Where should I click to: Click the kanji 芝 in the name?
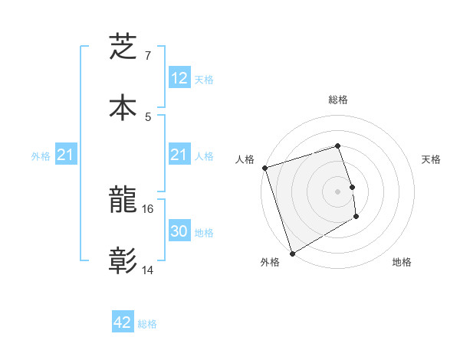click(x=123, y=46)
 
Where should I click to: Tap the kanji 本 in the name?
click(x=123, y=106)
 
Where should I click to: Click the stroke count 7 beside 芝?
click(x=147, y=56)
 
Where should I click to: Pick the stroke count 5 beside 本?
click(x=147, y=116)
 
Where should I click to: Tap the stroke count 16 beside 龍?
click(x=149, y=208)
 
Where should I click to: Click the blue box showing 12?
click(x=179, y=77)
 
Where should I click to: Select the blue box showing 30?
click(x=179, y=231)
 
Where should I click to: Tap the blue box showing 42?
click(x=123, y=322)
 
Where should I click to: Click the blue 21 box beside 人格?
click(x=179, y=155)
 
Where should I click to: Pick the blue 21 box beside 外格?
click(x=65, y=155)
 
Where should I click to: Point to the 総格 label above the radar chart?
click(x=338, y=100)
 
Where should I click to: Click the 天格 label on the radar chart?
click(x=432, y=159)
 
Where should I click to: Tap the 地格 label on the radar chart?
click(x=402, y=262)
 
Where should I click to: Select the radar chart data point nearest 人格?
click(x=264, y=168)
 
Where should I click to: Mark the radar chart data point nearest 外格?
click(x=292, y=253)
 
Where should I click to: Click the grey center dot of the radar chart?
click(x=338, y=191)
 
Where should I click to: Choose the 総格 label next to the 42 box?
click(x=147, y=323)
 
